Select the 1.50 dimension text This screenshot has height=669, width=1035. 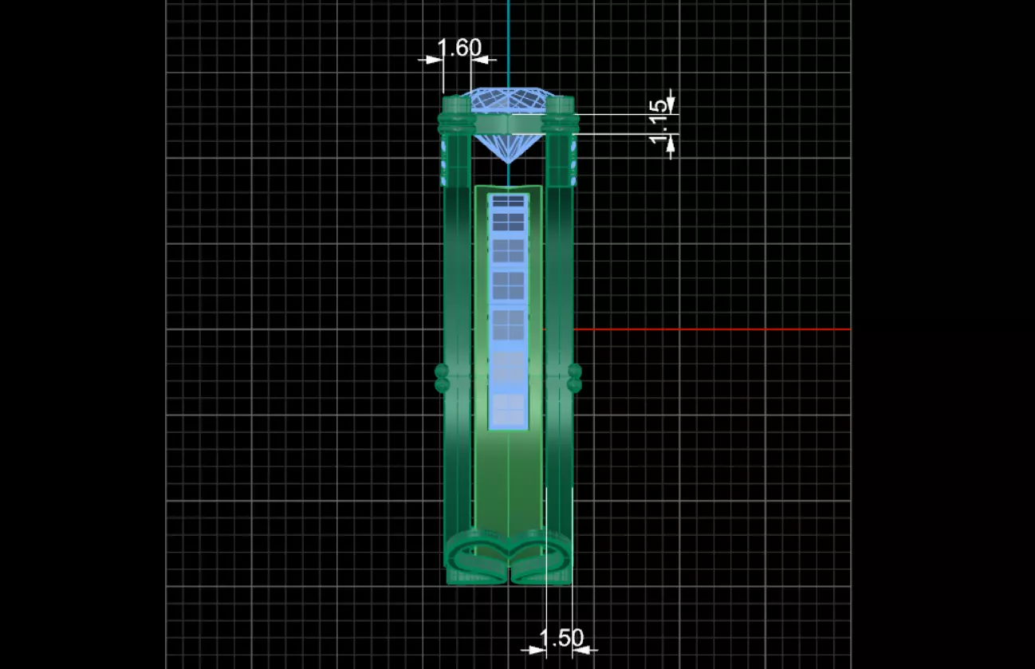561,638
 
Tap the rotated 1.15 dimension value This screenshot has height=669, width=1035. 658,122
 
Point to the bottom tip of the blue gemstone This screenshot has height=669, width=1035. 508,162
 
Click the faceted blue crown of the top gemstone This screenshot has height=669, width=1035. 508,100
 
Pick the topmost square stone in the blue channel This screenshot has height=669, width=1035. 508,200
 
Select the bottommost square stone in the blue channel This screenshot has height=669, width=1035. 508,410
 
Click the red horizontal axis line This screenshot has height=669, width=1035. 710,329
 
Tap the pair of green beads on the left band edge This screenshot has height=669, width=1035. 442,378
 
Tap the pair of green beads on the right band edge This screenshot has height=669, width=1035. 574,378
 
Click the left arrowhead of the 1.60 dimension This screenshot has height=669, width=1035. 434,59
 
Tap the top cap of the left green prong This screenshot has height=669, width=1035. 456,103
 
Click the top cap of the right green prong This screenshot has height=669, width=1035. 560,103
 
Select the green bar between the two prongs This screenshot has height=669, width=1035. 508,124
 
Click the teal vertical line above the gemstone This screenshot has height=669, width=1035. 509,40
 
